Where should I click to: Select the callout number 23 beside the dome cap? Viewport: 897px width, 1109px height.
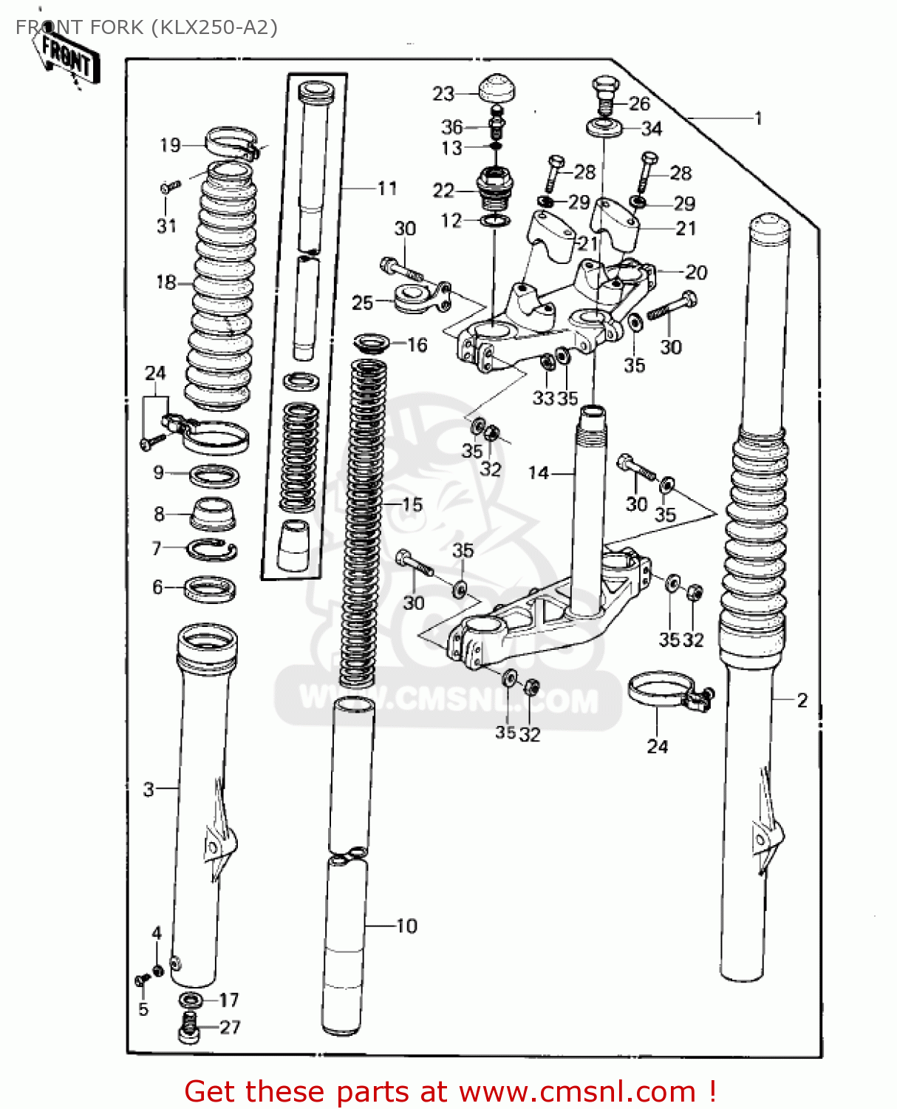coord(443,94)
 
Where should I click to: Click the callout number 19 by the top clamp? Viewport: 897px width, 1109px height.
coord(170,145)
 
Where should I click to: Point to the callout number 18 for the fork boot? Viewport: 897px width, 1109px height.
coord(166,282)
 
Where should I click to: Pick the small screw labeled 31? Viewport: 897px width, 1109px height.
coord(169,187)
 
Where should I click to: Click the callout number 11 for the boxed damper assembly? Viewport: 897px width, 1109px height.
coord(387,189)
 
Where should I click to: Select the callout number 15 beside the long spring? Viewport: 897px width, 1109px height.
coord(412,504)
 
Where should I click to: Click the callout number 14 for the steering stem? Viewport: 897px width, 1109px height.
coord(539,472)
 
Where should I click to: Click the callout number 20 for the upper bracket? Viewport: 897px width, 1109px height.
coord(696,272)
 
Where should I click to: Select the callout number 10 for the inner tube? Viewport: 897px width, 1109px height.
coord(406,926)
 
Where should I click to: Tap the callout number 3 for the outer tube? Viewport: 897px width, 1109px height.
coord(149,789)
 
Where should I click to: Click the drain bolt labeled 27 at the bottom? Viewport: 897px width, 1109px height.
coord(189,1028)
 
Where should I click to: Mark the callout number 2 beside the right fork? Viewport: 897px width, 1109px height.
coord(802,699)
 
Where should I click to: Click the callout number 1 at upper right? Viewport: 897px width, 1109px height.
coord(757,118)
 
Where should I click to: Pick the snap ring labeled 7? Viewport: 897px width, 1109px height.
coord(211,549)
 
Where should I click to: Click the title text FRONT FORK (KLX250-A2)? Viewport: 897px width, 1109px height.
coord(146,27)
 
